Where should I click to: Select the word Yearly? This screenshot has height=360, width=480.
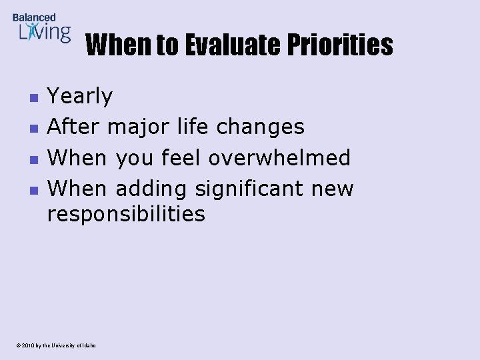point(80,97)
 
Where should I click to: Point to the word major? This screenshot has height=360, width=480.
point(139,127)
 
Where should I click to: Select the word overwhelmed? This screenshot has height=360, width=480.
point(279,157)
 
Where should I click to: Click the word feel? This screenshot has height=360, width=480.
point(182,157)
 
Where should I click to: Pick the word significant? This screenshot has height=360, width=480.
point(250,189)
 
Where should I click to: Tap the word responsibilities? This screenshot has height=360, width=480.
point(126,214)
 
